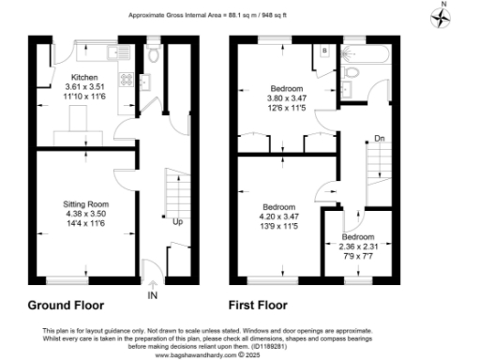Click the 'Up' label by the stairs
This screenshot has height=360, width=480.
(x=177, y=223)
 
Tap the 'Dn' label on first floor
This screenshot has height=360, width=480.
(x=379, y=138)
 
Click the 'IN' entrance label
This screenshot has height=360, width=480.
(x=152, y=294)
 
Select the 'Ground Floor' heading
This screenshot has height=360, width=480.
(x=66, y=306)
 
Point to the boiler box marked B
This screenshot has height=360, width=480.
(x=324, y=51)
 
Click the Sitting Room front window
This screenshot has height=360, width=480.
(x=73, y=279)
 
